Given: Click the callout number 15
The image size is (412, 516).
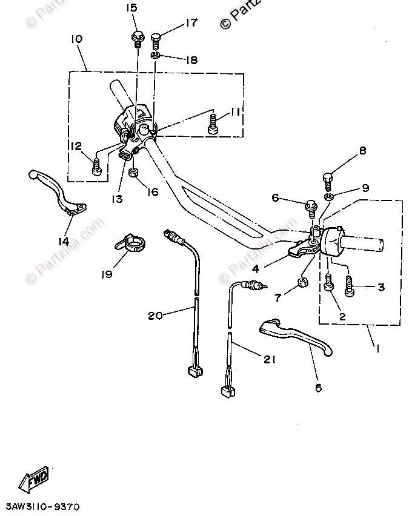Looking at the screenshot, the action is tap(131, 8).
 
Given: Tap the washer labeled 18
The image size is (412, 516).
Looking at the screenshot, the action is tap(156, 56).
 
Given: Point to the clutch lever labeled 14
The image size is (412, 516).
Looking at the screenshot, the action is tap(58, 191).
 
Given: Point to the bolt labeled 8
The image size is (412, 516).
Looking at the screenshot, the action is tap(328, 179).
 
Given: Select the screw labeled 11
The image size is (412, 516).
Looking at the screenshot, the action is tap(213, 124).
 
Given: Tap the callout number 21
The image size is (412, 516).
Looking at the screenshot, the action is tap(269, 359).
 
